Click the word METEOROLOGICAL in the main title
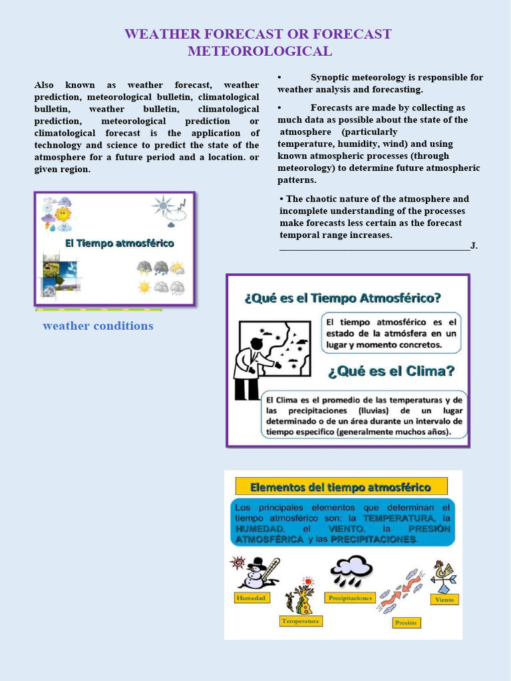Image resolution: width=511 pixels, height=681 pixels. [259, 51]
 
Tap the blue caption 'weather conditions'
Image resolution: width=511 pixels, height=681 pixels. [98, 326]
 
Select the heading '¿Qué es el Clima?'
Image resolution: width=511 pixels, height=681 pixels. [391, 371]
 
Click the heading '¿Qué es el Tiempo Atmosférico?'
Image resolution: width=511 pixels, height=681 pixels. [343, 297]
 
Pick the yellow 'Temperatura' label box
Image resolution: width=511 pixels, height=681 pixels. [301, 621]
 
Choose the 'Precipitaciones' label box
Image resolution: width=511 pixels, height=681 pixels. [350, 598]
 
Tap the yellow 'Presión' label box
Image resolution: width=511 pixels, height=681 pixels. [405, 622]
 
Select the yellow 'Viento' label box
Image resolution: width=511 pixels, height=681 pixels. [444, 599]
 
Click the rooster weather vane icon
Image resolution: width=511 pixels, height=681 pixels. [443, 575]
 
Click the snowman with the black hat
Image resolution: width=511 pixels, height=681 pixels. [255, 573]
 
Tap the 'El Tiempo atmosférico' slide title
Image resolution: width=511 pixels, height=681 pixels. [119, 243]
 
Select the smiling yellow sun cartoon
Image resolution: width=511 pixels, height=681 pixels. [63, 213]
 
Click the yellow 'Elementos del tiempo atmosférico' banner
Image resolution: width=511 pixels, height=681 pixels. [340, 487]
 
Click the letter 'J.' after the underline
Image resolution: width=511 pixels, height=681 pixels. [474, 246]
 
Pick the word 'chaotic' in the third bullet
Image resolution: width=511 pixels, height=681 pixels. [321, 199]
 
